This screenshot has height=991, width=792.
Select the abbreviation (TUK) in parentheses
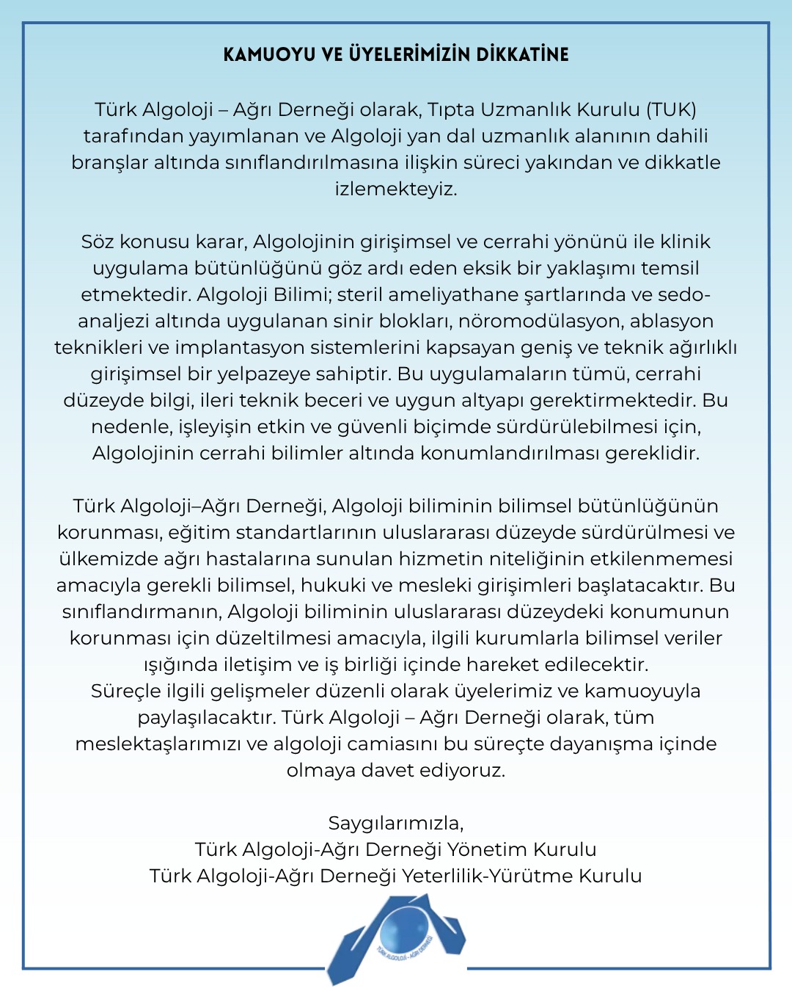click(x=671, y=109)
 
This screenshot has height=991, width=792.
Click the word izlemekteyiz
click(x=396, y=189)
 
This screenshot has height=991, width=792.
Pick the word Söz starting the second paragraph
click(x=98, y=242)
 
